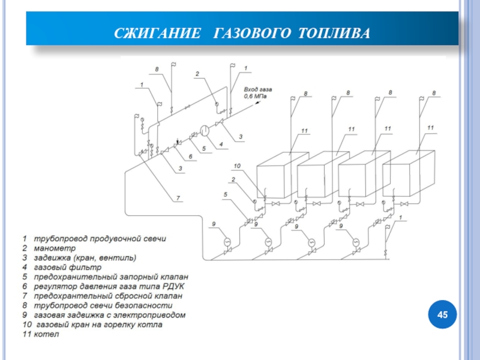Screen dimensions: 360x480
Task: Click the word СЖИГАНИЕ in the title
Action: pyautogui.click(x=157, y=31)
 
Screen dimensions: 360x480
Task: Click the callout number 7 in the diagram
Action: pyautogui.click(x=178, y=197)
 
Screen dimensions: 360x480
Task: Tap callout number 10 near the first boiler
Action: pyautogui.click(x=236, y=166)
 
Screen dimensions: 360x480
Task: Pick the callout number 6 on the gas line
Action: pyautogui.click(x=191, y=157)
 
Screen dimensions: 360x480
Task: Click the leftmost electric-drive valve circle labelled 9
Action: pyautogui.click(x=227, y=241)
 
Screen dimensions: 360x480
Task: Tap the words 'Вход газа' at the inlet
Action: pyautogui.click(x=257, y=89)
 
